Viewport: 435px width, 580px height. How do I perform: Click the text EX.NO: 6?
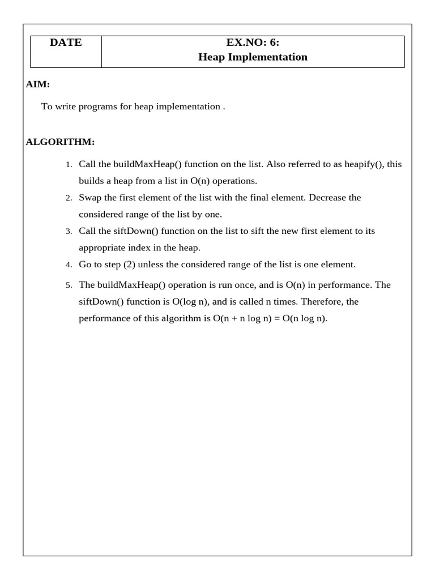click(x=253, y=42)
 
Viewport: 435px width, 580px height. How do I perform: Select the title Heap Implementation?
click(x=253, y=57)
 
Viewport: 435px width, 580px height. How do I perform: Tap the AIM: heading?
click(x=38, y=84)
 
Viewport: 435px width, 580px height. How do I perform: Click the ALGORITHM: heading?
click(x=60, y=141)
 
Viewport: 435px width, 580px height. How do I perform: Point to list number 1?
click(x=68, y=165)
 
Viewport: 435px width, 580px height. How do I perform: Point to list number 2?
click(x=68, y=198)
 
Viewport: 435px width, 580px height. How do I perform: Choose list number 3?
click(x=68, y=232)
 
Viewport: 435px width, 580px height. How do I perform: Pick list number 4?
click(x=68, y=265)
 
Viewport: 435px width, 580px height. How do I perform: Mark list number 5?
click(x=68, y=285)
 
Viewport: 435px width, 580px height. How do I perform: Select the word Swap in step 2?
click(x=89, y=198)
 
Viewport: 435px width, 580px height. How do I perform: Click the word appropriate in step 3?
click(x=101, y=248)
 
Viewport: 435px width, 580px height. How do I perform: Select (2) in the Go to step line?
click(x=129, y=265)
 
